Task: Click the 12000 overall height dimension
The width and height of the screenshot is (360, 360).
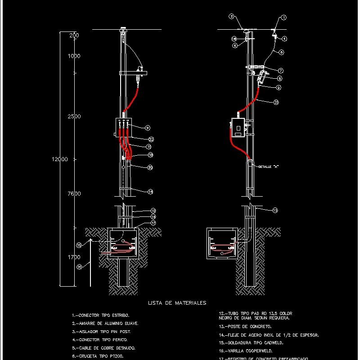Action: (59, 159)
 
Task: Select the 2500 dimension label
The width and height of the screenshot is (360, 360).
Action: (74, 117)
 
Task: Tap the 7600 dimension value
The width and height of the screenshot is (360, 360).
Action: (74, 194)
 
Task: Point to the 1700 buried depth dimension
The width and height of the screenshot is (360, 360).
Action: (74, 257)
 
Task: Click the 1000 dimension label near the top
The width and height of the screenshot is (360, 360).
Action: (74, 56)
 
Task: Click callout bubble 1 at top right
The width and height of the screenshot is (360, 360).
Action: (283, 18)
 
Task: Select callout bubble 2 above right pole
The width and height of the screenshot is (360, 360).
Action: (231, 17)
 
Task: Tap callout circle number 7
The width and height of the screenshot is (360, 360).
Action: (280, 71)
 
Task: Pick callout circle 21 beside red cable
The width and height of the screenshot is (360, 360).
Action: (276, 102)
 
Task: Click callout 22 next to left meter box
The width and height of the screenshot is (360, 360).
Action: (151, 139)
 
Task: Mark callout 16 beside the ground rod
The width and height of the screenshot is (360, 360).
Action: (79, 267)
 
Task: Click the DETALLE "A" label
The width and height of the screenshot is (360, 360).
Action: (269, 167)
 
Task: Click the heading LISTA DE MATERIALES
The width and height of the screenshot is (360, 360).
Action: (177, 303)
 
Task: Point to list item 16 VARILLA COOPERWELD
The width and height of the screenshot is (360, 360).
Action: (245, 351)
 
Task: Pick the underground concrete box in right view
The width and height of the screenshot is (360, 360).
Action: (221, 244)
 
